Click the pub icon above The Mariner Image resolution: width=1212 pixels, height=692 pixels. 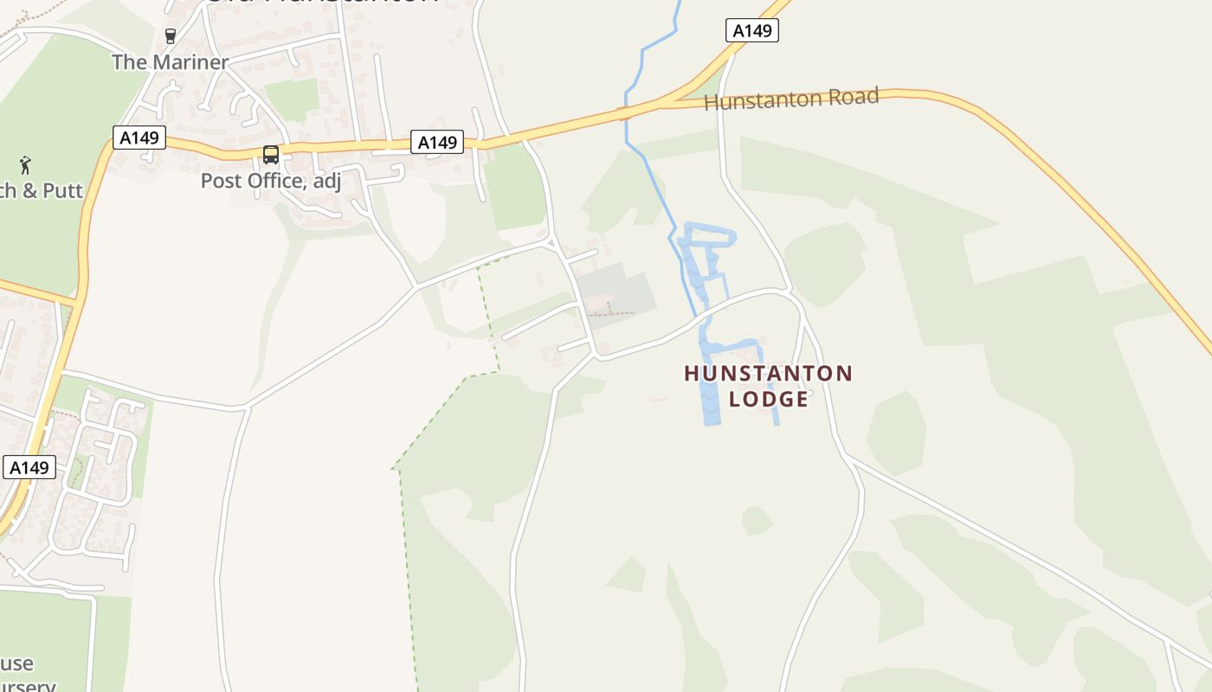pyautogui.click(x=171, y=36)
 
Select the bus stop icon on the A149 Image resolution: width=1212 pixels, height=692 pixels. pyautogui.click(x=271, y=155)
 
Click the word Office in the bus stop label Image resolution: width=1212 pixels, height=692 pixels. pyautogui.click(x=276, y=181)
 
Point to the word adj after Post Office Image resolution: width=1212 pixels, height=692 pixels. pyautogui.click(x=327, y=182)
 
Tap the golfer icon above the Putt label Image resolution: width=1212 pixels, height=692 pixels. pyautogui.click(x=25, y=164)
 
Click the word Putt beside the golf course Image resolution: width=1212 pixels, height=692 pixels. pyautogui.click(x=62, y=190)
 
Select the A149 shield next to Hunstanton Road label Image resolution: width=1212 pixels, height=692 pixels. pyautogui.click(x=751, y=31)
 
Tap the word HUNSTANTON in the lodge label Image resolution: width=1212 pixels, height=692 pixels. pyautogui.click(x=768, y=374)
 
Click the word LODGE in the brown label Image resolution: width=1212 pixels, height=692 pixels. pyautogui.click(x=769, y=399)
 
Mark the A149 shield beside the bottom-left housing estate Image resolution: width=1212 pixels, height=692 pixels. pyautogui.click(x=29, y=468)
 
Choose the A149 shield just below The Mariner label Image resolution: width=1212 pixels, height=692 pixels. pyautogui.click(x=139, y=137)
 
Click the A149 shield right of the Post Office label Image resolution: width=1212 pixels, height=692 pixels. pyautogui.click(x=436, y=142)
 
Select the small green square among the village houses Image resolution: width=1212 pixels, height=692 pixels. pyautogui.click(x=292, y=98)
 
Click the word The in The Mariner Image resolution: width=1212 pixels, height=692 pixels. pyautogui.click(x=129, y=62)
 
